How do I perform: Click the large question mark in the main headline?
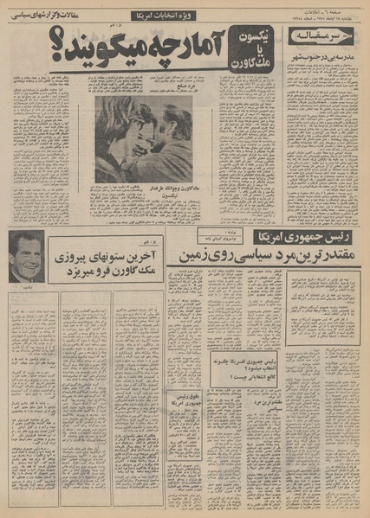[x=62, y=52]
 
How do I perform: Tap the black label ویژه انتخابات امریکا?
[x=166, y=16]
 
